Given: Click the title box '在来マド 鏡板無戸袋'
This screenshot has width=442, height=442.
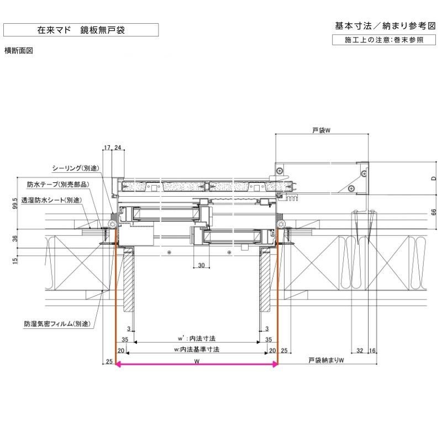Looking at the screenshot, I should tap(81, 30).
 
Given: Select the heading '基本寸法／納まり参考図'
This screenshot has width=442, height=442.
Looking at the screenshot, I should tap(386, 25).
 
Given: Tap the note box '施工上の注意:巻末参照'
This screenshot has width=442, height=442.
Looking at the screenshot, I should tap(385, 40).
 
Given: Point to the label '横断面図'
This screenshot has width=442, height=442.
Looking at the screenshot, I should tap(19, 50).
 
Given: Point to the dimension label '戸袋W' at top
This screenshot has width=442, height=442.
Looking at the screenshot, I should tap(321, 130).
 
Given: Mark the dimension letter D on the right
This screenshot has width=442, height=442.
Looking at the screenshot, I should tap(434, 178).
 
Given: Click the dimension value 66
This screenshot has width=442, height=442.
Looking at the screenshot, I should tap(434, 212).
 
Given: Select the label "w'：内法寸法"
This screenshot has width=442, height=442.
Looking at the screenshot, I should tap(197, 338).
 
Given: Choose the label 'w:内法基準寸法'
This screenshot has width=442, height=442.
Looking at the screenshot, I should tap(197, 349).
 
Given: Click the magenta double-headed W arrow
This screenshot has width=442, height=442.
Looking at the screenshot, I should tap(196, 365).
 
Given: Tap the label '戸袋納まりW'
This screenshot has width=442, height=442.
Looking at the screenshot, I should tap(327, 361).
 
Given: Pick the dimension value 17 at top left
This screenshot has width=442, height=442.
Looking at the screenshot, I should tap(107, 148).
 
